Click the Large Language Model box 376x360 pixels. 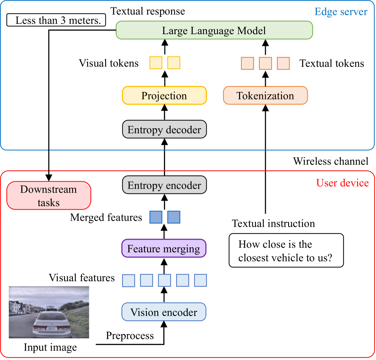click(x=214, y=30)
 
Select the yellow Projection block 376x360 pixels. click(x=164, y=96)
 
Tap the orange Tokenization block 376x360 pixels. click(x=265, y=96)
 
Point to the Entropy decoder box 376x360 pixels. click(x=164, y=129)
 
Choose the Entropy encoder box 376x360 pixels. click(x=164, y=185)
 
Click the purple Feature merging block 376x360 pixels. click(x=164, y=249)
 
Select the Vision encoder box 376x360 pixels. click(x=164, y=312)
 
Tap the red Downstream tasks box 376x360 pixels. click(x=49, y=196)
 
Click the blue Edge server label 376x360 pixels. click(x=340, y=12)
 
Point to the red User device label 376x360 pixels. click(x=342, y=183)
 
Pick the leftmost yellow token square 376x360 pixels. click(x=156, y=63)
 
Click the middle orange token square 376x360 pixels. click(x=265, y=63)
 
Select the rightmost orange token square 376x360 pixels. click(x=283, y=63)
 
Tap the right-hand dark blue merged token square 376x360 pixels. click(x=174, y=217)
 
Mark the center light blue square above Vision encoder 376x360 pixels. click(x=164, y=281)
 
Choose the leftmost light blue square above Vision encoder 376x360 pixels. click(x=128, y=281)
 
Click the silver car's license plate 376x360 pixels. click(x=52, y=328)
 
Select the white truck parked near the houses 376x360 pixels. click(x=20, y=313)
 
